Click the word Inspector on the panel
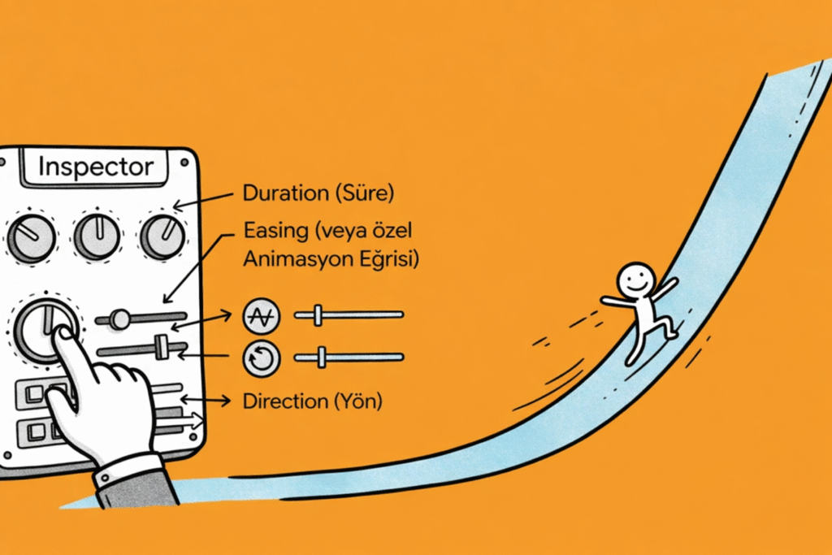pos(96,167)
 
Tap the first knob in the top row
pos(32,237)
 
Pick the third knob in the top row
pos(162,236)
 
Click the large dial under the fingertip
pos(45,330)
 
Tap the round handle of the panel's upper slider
pos(120,319)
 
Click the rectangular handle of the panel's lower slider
pos(161,348)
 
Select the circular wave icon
pos(262,316)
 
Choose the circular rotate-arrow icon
pos(262,358)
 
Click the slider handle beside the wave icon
pos(318,314)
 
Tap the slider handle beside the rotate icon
pos(322,356)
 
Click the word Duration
pos(279,195)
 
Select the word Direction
pos(279,401)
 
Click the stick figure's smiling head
pos(635,280)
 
